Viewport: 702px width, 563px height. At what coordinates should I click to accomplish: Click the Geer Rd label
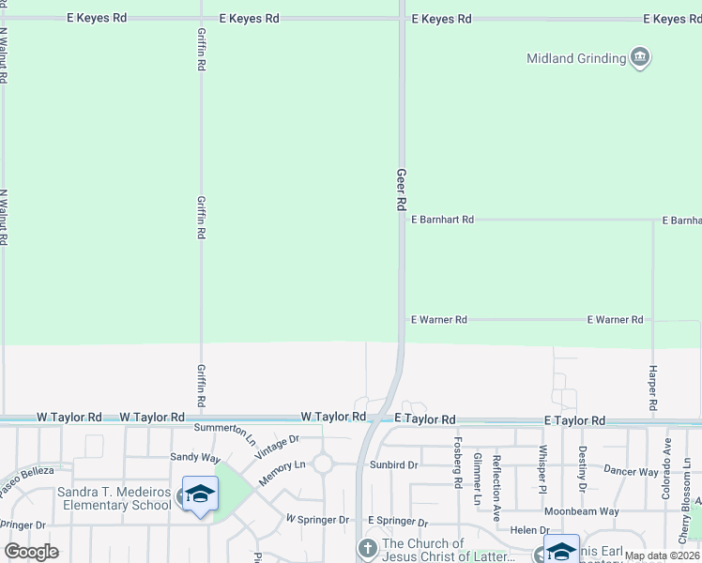[401, 189]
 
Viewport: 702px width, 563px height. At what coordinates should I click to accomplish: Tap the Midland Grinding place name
[575, 58]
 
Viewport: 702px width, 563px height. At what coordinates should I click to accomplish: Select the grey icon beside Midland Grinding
[640, 58]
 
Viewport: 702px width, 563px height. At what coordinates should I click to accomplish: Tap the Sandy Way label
[194, 457]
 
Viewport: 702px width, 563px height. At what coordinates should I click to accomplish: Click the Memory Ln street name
[282, 471]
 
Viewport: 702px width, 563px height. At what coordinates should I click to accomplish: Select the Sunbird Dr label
[393, 464]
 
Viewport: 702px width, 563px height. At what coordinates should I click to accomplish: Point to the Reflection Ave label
[496, 481]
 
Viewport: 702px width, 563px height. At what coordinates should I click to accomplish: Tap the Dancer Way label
[631, 471]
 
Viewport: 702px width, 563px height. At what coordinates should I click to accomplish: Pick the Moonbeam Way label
[585, 511]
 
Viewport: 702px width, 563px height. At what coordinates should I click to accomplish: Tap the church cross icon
[368, 546]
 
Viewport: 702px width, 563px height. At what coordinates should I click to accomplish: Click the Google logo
[31, 552]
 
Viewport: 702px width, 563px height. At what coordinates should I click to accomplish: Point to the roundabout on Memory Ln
[324, 464]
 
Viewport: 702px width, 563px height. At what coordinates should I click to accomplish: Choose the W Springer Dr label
[317, 519]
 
